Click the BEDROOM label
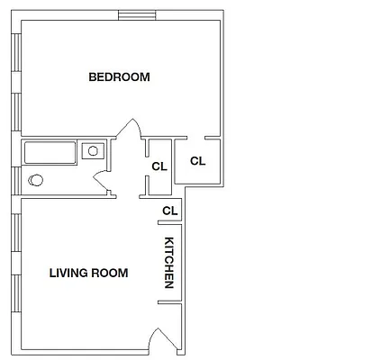(119, 77)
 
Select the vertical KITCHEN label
(168, 263)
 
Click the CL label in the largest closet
(198, 162)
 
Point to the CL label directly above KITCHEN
(168, 211)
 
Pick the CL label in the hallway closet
(159, 166)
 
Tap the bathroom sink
(93, 150)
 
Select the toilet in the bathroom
(35, 180)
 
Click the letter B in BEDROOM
(92, 77)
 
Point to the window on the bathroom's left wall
(17, 167)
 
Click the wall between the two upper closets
(175, 162)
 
